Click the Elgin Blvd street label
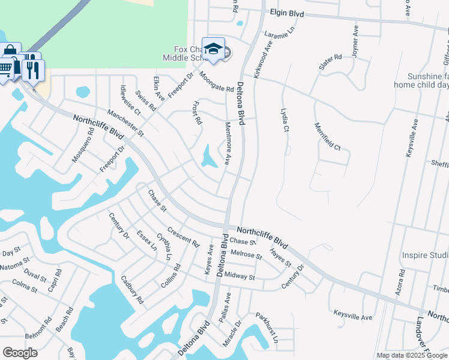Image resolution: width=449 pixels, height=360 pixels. pyautogui.click(x=287, y=13)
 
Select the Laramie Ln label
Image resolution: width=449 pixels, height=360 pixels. pyautogui.click(x=280, y=32)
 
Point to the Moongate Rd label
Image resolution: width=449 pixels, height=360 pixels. pyautogui.click(x=216, y=82)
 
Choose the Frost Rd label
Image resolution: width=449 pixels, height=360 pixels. pyautogui.click(x=196, y=113)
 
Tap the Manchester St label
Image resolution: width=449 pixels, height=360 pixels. pyautogui.click(x=126, y=121)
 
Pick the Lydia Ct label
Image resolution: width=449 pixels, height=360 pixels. pyautogui.click(x=285, y=121)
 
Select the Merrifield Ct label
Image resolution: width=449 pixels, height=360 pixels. pyautogui.click(x=327, y=136)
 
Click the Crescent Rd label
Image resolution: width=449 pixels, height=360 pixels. pyautogui.click(x=183, y=238)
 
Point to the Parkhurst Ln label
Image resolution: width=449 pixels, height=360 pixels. pyautogui.click(x=267, y=327)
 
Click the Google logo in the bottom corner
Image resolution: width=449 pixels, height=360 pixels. pyautogui.click(x=20, y=353)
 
